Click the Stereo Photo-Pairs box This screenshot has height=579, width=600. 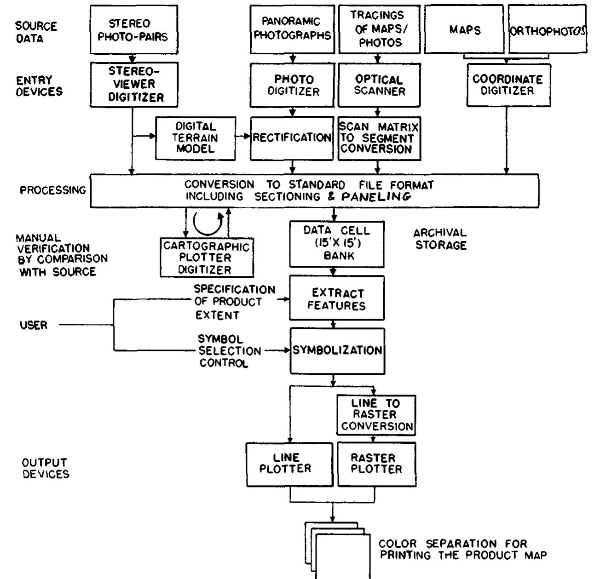click(134, 29)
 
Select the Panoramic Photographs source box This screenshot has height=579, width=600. click(292, 29)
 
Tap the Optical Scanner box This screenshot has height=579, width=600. click(380, 86)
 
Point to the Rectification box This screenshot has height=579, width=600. click(292, 138)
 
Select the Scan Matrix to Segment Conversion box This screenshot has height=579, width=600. click(380, 138)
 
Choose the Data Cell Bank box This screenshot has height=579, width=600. click(336, 244)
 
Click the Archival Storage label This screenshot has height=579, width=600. click(440, 239)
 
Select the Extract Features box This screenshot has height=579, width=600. click(336, 298)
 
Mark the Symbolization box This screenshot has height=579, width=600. click(337, 350)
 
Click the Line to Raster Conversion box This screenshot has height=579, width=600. click(376, 415)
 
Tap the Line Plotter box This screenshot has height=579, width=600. click(289, 464)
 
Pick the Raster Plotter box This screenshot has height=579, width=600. click(376, 464)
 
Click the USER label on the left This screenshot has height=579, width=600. click(33, 326)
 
